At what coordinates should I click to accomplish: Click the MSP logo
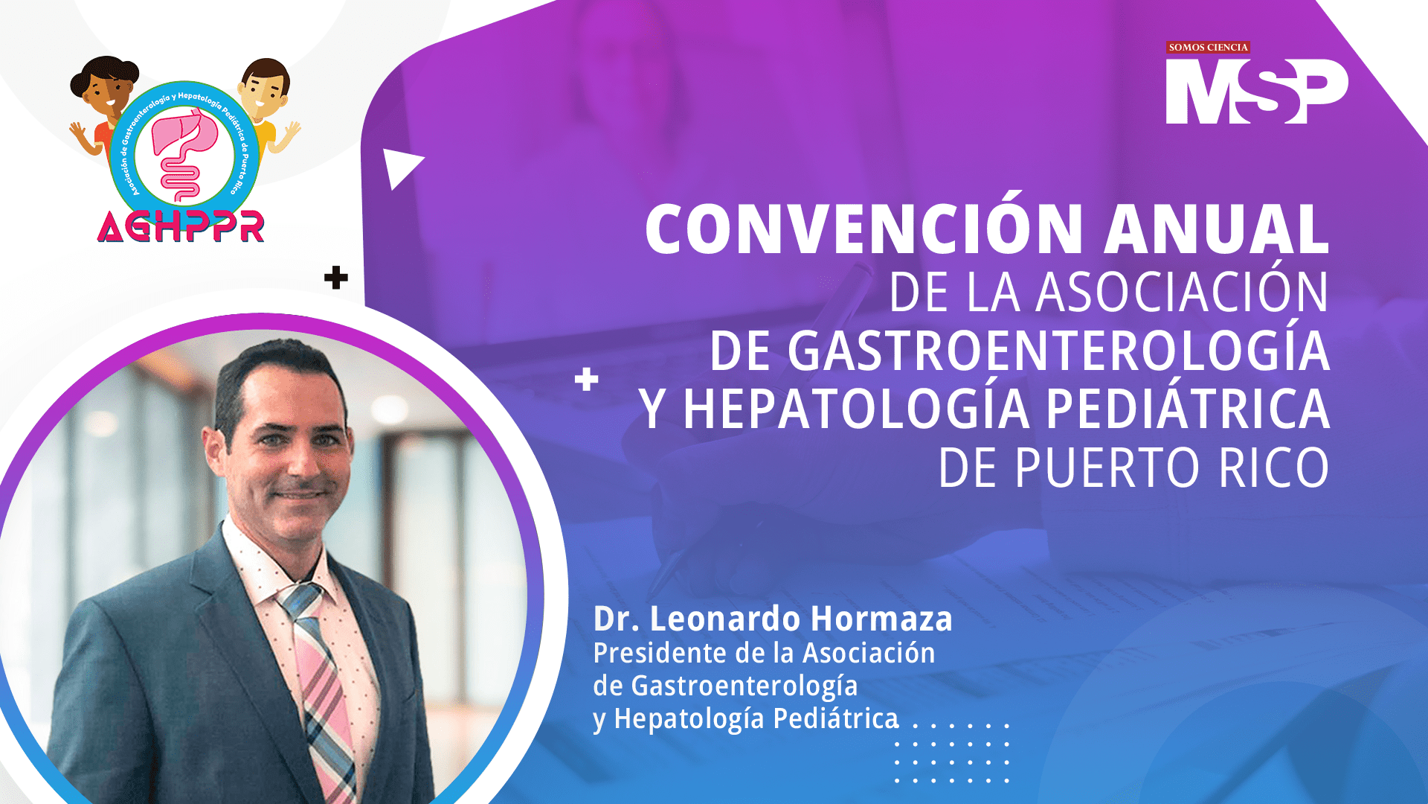tap(1257, 91)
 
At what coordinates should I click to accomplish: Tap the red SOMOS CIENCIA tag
tap(1208, 48)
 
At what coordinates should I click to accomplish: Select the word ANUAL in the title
tap(1217, 229)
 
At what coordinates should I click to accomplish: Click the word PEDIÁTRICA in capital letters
tap(1188, 408)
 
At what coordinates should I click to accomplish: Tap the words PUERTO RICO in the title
tap(1172, 468)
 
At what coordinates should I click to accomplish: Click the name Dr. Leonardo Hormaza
tap(773, 619)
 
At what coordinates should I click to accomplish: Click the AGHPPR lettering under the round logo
tap(181, 226)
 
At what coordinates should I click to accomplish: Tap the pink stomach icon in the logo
tap(184, 153)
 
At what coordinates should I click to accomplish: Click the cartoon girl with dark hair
tap(103, 104)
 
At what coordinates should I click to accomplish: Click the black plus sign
tap(336, 278)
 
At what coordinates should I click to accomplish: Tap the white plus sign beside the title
tap(587, 379)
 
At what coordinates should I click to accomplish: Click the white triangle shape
tap(400, 167)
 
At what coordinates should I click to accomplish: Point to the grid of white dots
tap(952, 752)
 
